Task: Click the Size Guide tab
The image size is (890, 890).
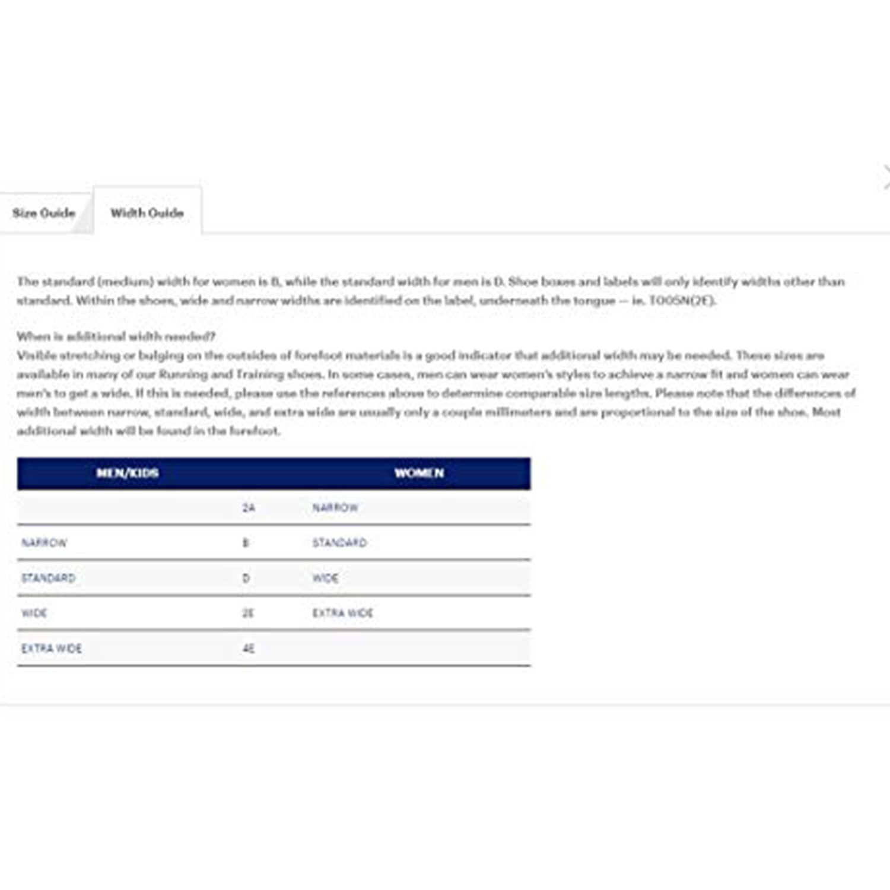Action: point(44,213)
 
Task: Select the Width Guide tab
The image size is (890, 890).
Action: point(147,213)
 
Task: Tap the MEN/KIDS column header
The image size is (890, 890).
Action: point(127,473)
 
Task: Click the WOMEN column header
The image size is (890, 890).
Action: point(419,473)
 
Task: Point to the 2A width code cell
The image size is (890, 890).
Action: point(249,508)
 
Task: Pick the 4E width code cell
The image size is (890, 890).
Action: point(249,649)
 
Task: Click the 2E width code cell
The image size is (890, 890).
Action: point(248,614)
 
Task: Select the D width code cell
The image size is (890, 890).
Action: point(246,578)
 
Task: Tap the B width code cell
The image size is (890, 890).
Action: point(246,543)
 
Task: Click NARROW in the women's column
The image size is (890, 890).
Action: point(335,508)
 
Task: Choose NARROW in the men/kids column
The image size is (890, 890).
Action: point(44,543)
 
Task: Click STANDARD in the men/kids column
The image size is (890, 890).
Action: point(49,578)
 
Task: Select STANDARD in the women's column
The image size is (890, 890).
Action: point(339,543)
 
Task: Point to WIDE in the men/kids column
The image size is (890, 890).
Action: point(34,614)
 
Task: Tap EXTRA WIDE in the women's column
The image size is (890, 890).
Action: point(343,614)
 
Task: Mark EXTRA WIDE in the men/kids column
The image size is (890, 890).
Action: point(52,649)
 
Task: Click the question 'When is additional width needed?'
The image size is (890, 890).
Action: point(116,336)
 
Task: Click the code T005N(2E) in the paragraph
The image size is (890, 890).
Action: point(682,300)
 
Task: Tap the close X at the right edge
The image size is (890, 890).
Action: point(886,177)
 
